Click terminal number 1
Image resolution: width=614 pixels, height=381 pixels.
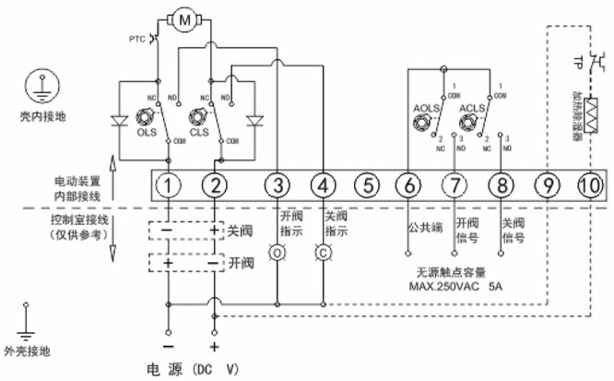(x=169, y=186)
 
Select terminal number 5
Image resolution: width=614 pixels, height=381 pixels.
(x=366, y=186)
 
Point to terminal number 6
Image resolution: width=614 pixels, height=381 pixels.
(x=407, y=186)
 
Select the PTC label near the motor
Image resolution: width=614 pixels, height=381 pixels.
(x=137, y=39)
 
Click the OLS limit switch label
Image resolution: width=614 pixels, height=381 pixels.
(x=145, y=131)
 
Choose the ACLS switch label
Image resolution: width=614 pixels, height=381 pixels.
(x=472, y=108)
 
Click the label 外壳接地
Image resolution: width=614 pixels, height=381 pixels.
(x=36, y=351)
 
